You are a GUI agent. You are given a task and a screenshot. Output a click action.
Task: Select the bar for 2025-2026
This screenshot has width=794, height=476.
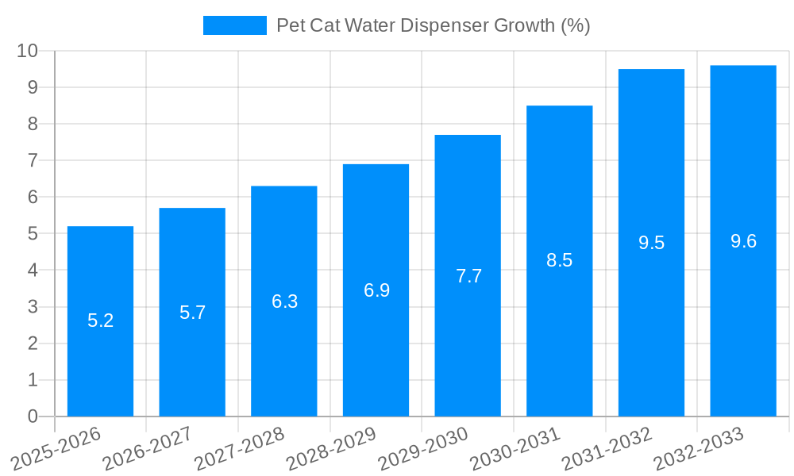coord(100,321)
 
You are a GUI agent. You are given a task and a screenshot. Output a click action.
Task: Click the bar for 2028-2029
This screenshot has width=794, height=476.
coord(376,290)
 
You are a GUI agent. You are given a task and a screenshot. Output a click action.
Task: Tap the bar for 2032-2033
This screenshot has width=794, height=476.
coord(743,241)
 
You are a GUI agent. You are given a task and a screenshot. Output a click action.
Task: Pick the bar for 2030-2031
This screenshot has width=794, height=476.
coord(559,261)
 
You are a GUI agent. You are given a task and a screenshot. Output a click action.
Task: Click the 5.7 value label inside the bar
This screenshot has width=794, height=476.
coord(192,313)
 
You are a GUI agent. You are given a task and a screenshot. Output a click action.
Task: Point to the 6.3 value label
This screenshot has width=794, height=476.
coord(284,301)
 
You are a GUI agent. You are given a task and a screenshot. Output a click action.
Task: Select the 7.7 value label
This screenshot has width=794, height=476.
coord(468,276)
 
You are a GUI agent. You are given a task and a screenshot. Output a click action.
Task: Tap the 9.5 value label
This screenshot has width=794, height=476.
coord(651,244)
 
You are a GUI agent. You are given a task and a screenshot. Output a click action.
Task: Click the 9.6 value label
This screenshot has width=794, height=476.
coord(743,242)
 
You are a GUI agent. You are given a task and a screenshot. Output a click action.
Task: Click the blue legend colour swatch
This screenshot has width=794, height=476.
coord(234,25)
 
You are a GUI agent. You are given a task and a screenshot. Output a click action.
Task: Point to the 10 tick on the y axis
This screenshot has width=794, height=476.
coord(28,51)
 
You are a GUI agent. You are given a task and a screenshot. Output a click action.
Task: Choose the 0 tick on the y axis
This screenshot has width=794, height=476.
coord(33,416)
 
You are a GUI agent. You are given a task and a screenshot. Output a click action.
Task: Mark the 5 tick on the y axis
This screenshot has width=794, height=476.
coord(33,234)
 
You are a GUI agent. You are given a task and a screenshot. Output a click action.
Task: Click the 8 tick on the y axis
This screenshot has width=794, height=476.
coord(33,124)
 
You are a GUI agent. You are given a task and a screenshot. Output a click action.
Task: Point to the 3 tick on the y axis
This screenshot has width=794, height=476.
coord(33,307)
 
